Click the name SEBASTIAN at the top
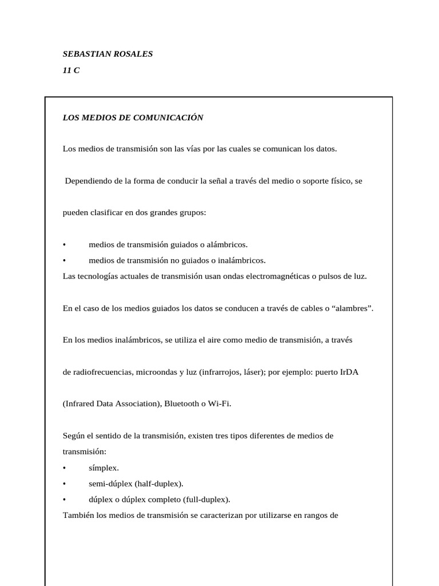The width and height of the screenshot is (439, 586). [x=86, y=54]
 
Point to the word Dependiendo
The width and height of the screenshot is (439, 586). [x=88, y=181]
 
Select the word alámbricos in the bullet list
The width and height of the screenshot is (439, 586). [x=228, y=244]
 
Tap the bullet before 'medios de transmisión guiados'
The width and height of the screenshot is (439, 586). [x=65, y=244]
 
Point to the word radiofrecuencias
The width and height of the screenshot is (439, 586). [x=97, y=371]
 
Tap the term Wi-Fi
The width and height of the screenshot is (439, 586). [x=219, y=403]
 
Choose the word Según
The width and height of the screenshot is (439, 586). [x=74, y=435]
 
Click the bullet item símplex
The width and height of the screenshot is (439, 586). [x=103, y=468]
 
